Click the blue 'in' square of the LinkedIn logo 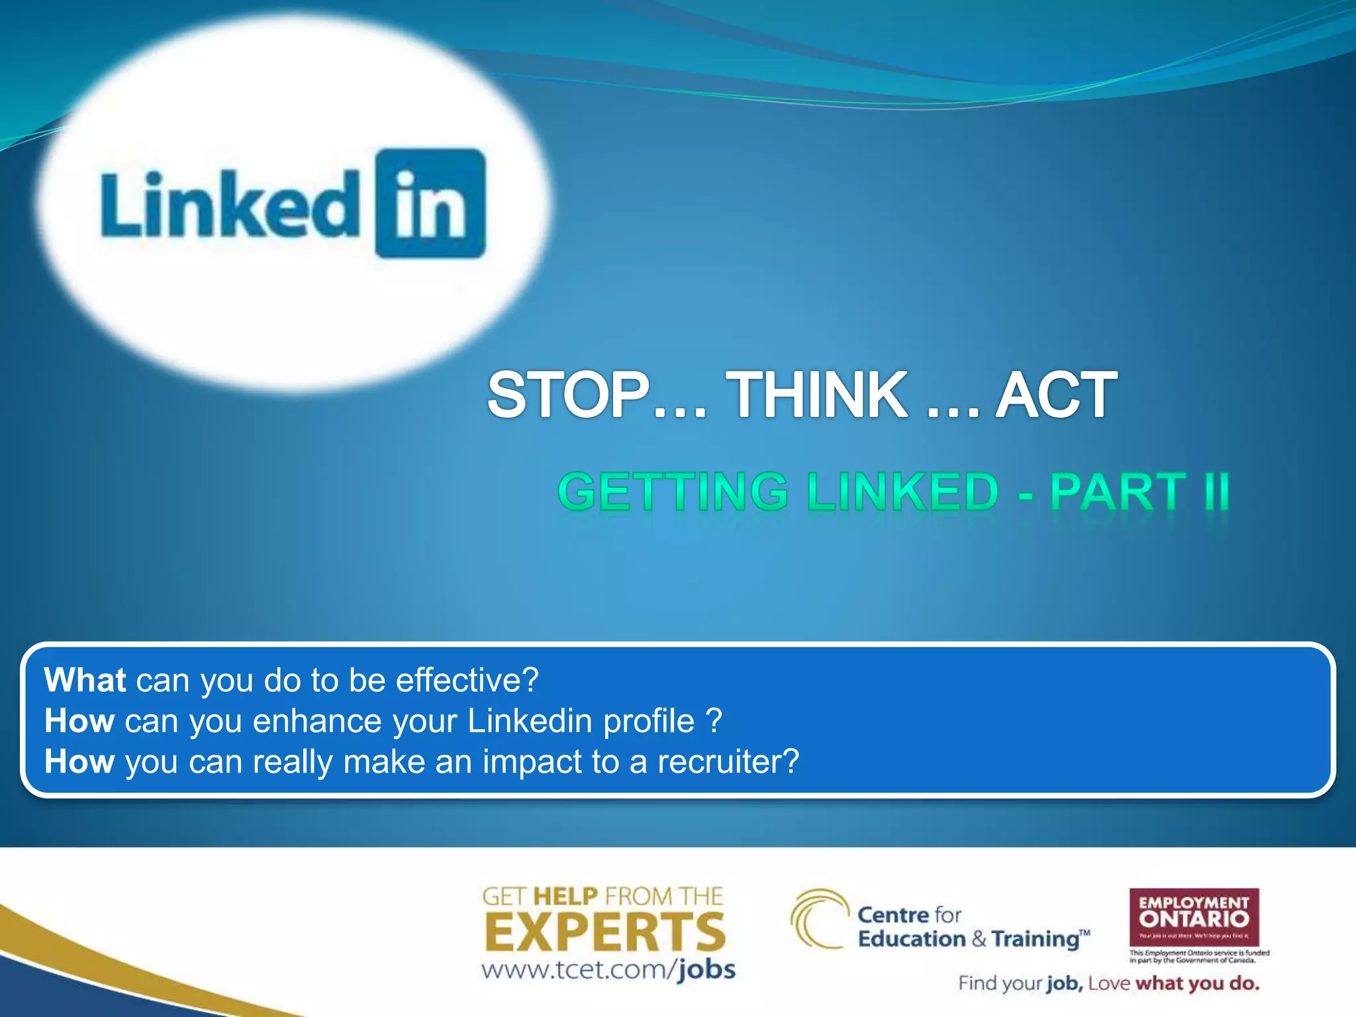(430, 203)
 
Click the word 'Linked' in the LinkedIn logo (229, 205)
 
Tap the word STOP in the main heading (568, 395)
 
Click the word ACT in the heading (1056, 395)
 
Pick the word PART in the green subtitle (1118, 492)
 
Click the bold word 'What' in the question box (85, 681)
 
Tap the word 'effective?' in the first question (467, 681)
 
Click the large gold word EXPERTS (605, 932)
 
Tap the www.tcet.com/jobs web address (608, 970)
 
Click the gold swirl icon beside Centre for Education (818, 920)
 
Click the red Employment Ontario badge (1194, 918)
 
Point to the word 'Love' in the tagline (1108, 984)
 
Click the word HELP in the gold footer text (565, 896)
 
